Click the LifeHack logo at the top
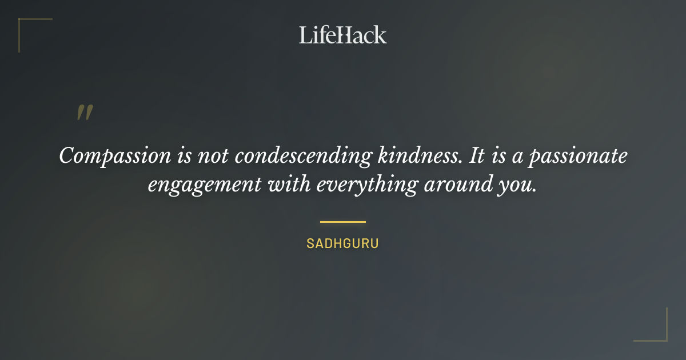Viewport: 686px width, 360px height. pos(343,35)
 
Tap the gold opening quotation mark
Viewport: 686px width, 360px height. pos(85,113)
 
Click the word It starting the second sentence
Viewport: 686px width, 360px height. pos(477,156)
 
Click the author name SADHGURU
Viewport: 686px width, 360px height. pos(343,243)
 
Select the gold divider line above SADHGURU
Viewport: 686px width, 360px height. pos(343,222)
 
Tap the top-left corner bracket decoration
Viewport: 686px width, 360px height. pos(23,23)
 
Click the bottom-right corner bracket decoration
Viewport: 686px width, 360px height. pos(663,337)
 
